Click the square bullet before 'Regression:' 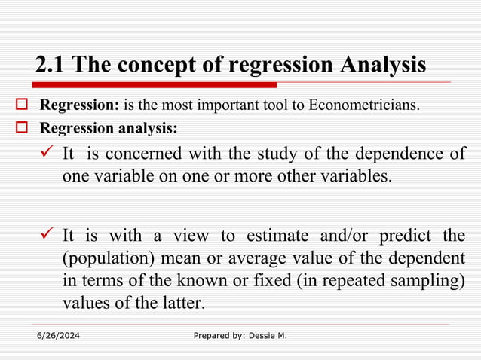click(22, 104)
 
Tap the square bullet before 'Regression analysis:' click(22, 127)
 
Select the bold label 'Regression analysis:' click(109, 127)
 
